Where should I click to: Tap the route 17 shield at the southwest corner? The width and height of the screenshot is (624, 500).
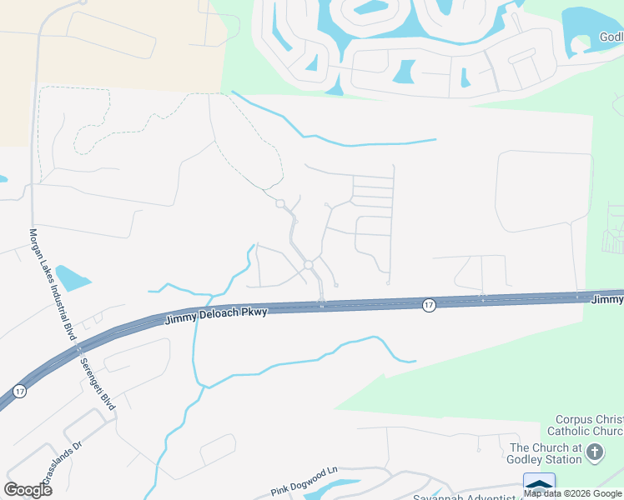(x=19, y=390)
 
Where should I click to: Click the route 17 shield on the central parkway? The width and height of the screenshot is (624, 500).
(x=428, y=306)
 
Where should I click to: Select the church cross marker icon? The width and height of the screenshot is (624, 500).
(x=594, y=453)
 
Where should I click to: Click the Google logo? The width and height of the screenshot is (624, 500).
(x=28, y=490)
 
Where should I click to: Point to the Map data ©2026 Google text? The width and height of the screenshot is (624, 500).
(x=573, y=493)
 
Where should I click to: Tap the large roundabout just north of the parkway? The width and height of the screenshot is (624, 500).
(x=308, y=265)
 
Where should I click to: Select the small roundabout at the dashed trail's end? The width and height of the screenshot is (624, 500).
(x=280, y=203)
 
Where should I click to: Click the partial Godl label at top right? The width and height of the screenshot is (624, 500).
(x=611, y=37)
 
